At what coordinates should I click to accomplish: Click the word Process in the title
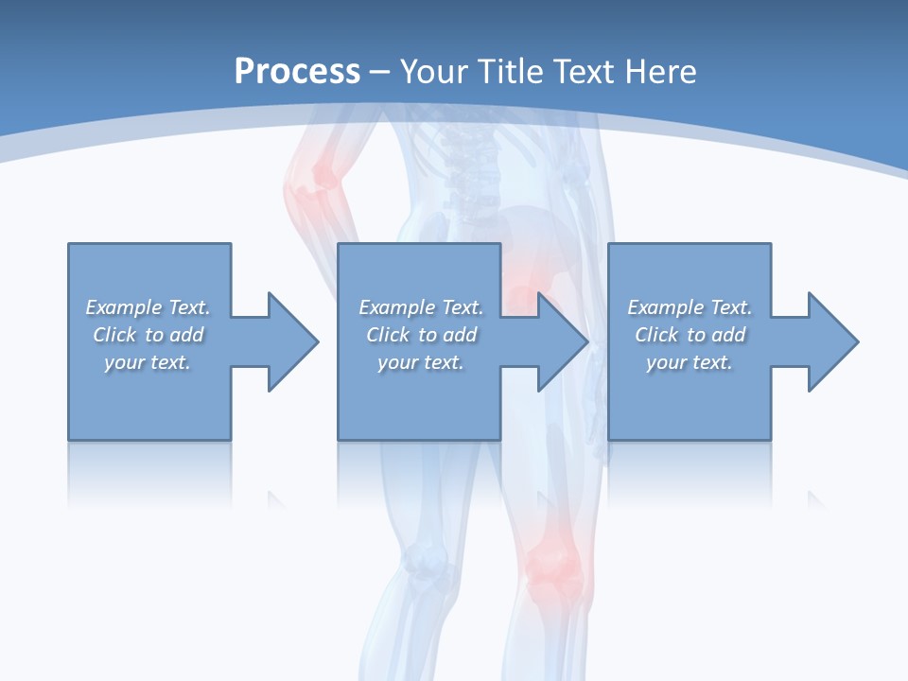click(x=297, y=71)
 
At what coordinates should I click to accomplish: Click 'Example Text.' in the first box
click(x=148, y=307)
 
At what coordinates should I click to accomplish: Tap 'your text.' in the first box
click(x=148, y=362)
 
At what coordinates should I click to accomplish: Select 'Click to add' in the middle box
click(x=421, y=335)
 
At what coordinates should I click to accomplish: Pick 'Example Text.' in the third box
click(x=690, y=307)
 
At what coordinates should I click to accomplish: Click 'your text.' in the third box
click(x=690, y=362)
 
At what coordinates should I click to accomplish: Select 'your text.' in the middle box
click(x=421, y=362)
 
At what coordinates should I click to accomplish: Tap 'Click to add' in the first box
click(x=148, y=335)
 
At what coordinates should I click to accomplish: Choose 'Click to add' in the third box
click(x=690, y=335)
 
